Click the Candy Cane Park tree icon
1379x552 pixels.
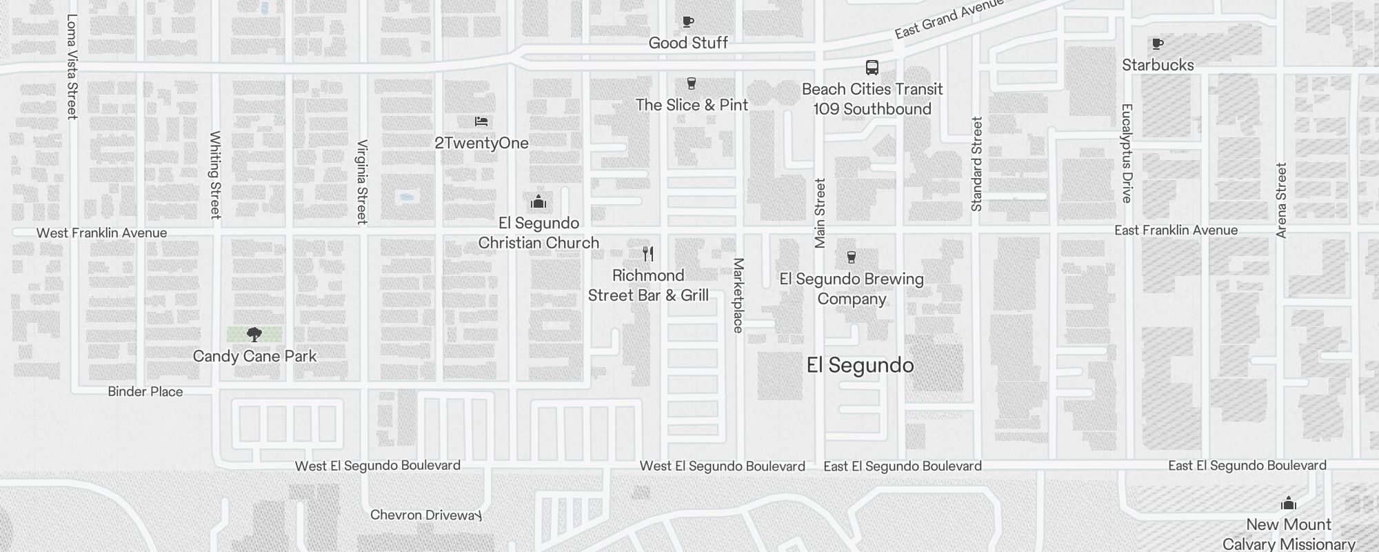point(254,335)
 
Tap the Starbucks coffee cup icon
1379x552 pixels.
point(1158,44)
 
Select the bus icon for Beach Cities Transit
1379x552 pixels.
point(872,68)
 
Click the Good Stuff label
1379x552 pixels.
point(688,43)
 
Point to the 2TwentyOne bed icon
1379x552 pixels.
point(481,121)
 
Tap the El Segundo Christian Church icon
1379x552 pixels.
point(538,202)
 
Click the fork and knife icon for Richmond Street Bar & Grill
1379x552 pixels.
point(648,254)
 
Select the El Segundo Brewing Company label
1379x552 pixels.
point(852,289)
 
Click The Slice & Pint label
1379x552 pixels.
point(692,105)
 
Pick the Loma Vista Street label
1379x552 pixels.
point(72,67)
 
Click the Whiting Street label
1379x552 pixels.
point(215,175)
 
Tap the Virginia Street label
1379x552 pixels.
point(362,181)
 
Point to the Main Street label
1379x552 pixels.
point(820,213)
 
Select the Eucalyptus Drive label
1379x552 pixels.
point(1127,153)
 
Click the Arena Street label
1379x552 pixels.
point(1281,200)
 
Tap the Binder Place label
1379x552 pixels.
point(145,392)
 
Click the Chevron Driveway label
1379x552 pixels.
point(425,515)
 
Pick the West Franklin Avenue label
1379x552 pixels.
point(101,233)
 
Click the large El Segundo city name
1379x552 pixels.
point(860,365)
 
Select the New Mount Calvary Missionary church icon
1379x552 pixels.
point(1288,504)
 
